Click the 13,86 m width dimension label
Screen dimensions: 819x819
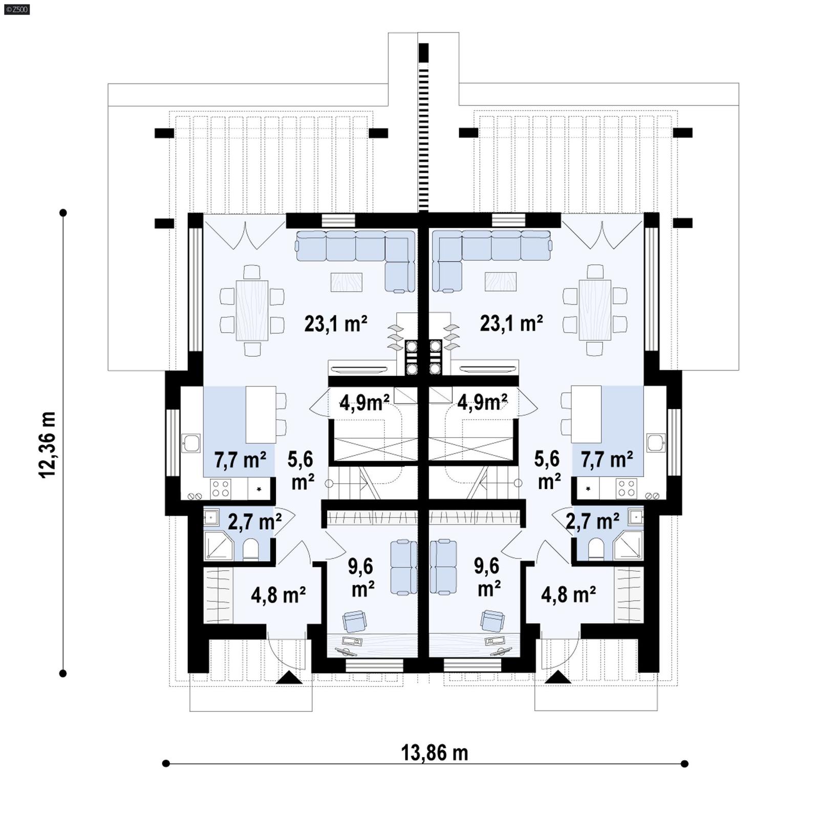[434, 753]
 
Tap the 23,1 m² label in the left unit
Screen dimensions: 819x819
[336, 324]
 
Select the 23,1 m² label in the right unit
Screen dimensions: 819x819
[511, 324]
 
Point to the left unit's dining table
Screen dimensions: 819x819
[252, 310]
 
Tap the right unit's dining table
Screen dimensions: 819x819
[595, 310]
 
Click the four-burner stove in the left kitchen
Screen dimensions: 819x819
[221, 488]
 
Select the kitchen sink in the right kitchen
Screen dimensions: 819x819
[656, 442]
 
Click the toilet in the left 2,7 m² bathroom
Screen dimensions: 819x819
[251, 549]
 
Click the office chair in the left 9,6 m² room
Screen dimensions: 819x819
[354, 621]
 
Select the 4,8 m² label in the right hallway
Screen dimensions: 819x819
[568, 595]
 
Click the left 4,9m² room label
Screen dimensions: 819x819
[364, 403]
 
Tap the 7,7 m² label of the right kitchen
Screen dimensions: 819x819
[607, 460]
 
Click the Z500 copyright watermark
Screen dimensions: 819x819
[16, 9]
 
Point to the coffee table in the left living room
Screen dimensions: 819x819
[347, 282]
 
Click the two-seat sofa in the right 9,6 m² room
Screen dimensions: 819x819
[443, 567]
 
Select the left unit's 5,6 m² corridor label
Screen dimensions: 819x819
[301, 470]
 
